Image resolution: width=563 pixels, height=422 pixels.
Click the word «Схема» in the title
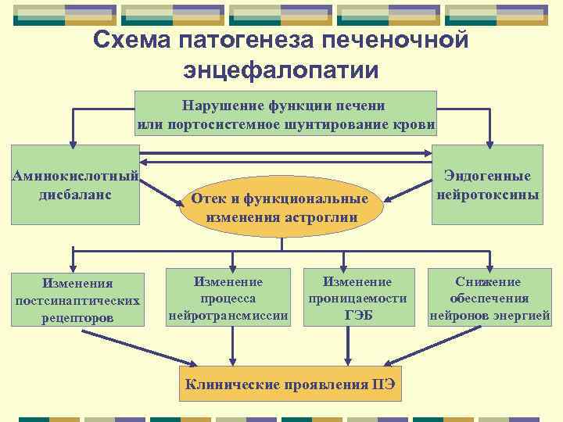131,40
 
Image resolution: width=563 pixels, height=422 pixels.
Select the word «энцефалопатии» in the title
281,70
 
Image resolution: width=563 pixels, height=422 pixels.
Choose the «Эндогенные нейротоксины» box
488,185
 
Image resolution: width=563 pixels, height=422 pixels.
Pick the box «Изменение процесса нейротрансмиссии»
228,299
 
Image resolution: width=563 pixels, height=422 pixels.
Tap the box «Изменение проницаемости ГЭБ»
358,299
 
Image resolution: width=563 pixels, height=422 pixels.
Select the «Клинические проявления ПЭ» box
290,384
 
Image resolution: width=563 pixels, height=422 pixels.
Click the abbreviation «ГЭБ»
358,316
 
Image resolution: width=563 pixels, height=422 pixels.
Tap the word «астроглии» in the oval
323,217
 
